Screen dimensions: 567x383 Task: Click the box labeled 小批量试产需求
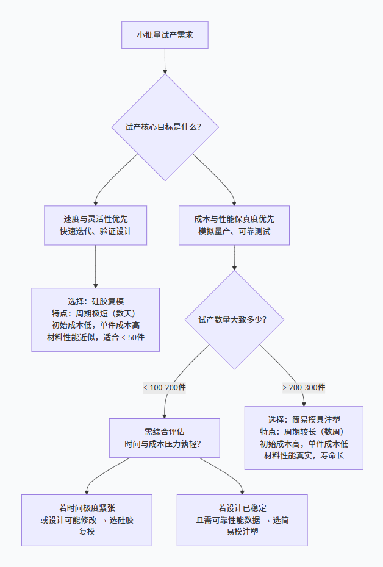(165, 35)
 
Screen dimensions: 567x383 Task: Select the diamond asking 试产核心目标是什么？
(165, 127)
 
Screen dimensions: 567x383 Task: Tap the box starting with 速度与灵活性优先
(96, 225)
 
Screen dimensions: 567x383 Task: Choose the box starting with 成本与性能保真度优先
(234, 225)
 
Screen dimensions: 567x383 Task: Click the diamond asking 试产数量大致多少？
(234, 319)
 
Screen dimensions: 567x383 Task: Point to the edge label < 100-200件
(165, 388)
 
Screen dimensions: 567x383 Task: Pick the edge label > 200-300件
(304, 388)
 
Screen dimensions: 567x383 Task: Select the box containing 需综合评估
(165, 438)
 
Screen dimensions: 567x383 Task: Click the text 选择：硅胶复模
(96, 301)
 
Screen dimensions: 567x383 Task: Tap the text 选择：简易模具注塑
(304, 419)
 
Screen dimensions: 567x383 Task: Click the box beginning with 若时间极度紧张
(87, 519)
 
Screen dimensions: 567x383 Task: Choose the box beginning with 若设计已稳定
(242, 519)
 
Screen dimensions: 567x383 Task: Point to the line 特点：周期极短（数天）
(96, 313)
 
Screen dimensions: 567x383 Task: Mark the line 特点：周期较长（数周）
(304, 432)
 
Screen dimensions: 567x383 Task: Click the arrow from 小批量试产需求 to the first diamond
(165, 61)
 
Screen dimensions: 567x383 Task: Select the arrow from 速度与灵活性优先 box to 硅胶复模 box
(96, 266)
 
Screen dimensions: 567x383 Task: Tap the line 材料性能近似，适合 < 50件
(96, 338)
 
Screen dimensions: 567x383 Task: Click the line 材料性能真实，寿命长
(304, 456)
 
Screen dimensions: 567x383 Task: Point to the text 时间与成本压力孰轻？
(165, 444)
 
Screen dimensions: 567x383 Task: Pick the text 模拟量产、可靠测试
(234, 232)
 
